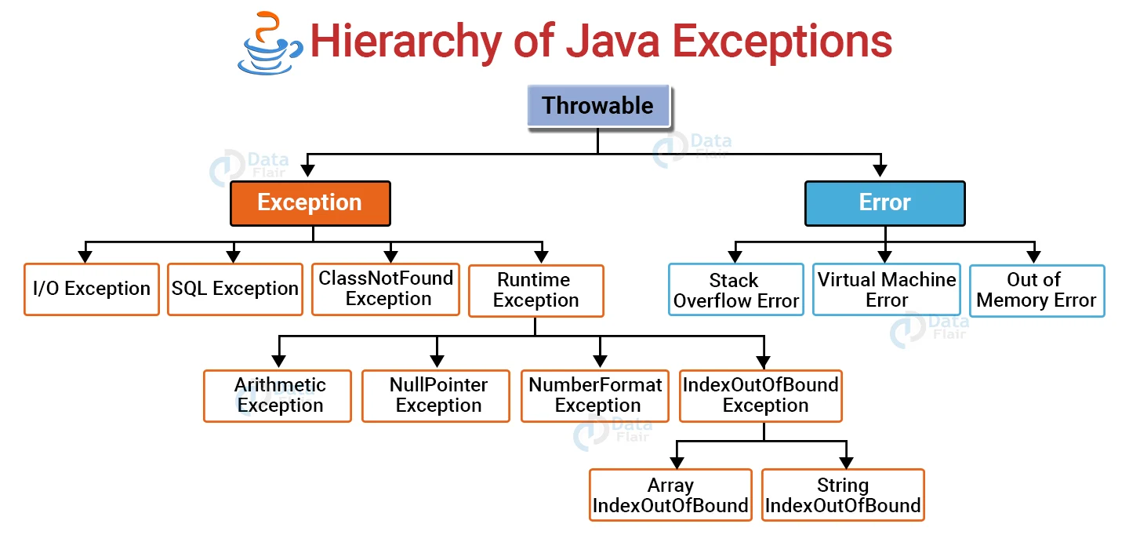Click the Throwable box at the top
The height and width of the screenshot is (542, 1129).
point(597,106)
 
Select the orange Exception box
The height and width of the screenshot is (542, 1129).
point(310,203)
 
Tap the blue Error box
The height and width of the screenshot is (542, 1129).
point(884,203)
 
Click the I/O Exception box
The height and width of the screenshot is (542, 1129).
point(92,289)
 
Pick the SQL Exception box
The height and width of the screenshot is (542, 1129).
point(235,289)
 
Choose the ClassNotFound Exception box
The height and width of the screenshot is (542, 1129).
point(386,289)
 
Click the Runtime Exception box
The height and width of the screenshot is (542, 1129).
point(536,290)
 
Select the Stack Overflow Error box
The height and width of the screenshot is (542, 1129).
point(736,290)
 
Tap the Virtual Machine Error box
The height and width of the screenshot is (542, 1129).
point(887,289)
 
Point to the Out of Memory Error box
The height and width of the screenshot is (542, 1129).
point(1036,290)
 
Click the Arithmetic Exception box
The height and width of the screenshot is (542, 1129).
point(278,395)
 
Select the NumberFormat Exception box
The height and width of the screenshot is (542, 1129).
point(595,395)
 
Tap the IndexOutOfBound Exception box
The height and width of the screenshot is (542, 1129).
point(761,395)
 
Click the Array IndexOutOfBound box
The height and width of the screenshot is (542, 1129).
point(670,495)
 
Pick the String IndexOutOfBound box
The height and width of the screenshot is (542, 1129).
point(843,495)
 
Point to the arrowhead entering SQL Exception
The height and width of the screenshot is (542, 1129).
point(233,256)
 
